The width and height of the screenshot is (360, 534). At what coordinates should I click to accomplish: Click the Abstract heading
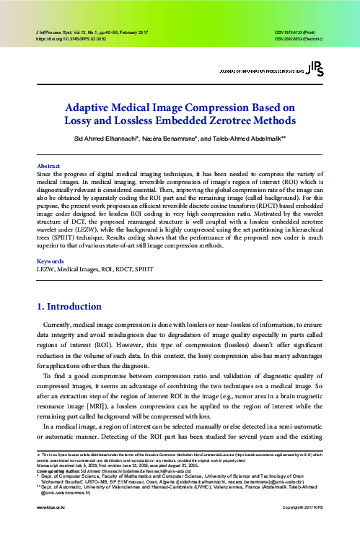[x=48, y=165]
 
